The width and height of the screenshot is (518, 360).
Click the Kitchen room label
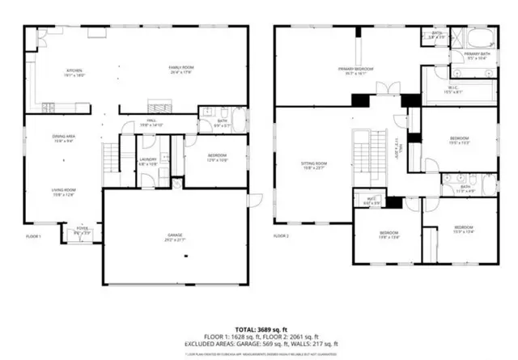(74, 71)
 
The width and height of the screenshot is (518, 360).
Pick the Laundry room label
(147, 160)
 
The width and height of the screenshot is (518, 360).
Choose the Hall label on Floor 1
(153, 123)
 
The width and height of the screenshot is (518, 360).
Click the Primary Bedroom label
(355, 70)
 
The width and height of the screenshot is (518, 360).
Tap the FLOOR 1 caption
(32, 236)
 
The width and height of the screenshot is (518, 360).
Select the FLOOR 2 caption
(281, 236)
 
